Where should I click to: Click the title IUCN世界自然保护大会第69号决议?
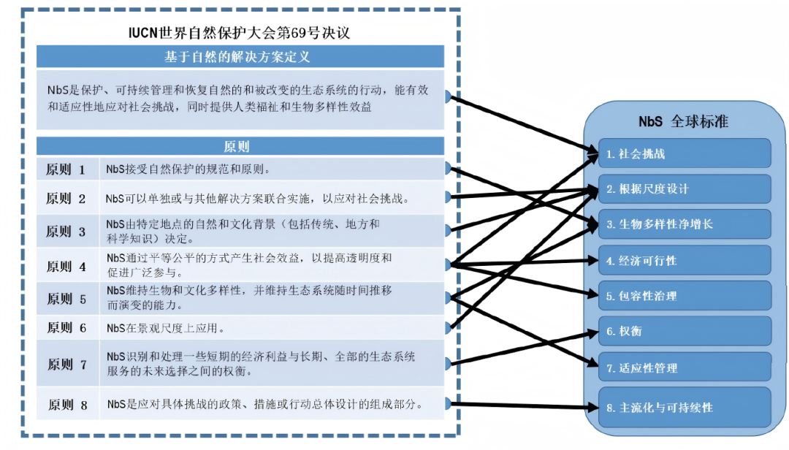click(240, 34)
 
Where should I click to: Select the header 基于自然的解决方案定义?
click(240, 57)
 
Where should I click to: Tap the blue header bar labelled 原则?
click(240, 146)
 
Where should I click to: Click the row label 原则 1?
click(66, 169)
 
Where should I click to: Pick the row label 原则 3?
click(66, 232)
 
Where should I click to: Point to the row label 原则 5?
click(66, 298)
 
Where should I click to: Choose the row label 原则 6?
click(66, 328)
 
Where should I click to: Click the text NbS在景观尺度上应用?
click(165, 328)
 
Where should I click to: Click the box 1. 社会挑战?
click(685, 154)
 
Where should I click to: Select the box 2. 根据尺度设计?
click(685, 189)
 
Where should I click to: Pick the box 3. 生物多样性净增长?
click(685, 224)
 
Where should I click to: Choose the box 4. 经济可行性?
click(685, 260)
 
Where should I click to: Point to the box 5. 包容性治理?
click(685, 296)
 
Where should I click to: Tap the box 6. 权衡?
click(685, 331)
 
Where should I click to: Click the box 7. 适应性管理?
click(685, 367)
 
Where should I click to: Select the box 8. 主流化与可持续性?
click(685, 407)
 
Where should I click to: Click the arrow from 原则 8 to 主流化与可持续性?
click(519, 405)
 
